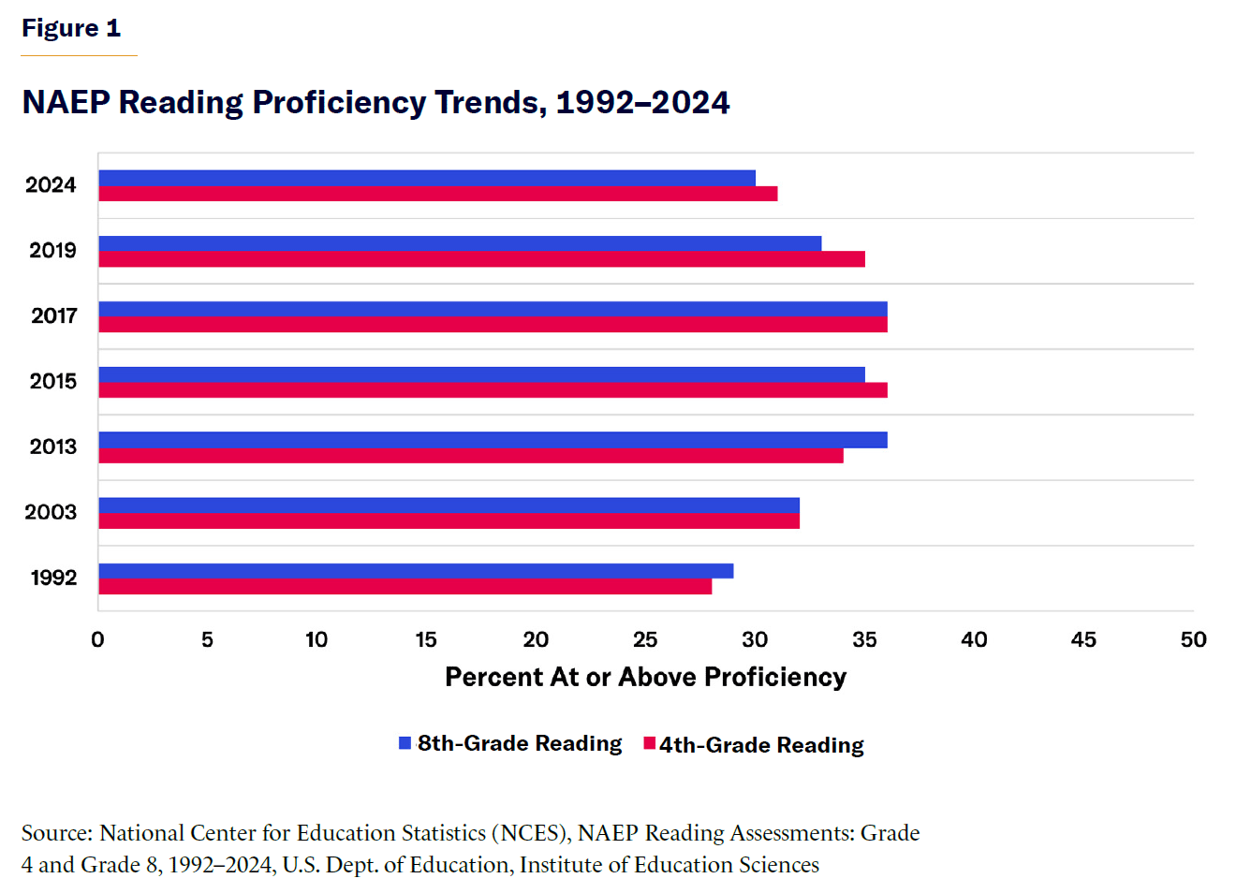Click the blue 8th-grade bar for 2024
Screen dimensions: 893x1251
pyautogui.click(x=426, y=178)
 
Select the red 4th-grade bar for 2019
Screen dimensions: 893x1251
pyautogui.click(x=481, y=259)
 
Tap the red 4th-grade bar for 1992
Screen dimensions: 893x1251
pyautogui.click(x=405, y=587)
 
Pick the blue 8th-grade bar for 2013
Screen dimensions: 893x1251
pyautogui.click(x=493, y=440)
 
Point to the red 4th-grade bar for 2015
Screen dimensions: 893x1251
pyautogui.click(x=493, y=390)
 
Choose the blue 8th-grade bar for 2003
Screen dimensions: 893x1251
pyautogui.click(x=449, y=505)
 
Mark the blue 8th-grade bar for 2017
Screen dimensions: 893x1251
pyautogui.click(x=493, y=309)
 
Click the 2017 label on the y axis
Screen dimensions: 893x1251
pyautogui.click(x=53, y=315)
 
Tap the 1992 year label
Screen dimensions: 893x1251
pyautogui.click(x=53, y=578)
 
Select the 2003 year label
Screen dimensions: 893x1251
pyautogui.click(x=51, y=512)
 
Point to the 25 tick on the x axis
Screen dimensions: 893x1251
pyautogui.click(x=645, y=639)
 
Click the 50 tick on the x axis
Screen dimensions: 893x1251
pyautogui.click(x=1193, y=639)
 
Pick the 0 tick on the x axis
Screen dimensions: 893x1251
pyautogui.click(x=97, y=639)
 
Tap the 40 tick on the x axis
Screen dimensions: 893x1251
pyautogui.click(x=974, y=639)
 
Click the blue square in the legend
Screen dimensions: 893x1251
pyautogui.click(x=405, y=743)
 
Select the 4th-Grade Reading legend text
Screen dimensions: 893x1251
pyautogui.click(x=761, y=745)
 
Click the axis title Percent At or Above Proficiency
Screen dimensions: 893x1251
pyautogui.click(x=645, y=677)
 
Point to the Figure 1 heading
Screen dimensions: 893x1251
pyautogui.click(x=71, y=28)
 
